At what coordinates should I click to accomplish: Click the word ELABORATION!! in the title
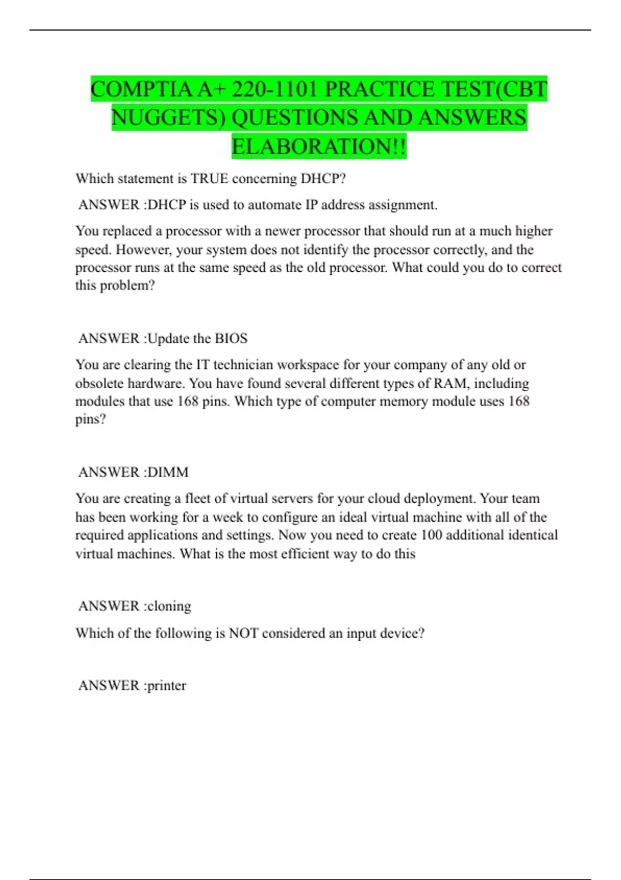pos(319,146)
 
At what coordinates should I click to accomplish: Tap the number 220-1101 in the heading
pos(274,90)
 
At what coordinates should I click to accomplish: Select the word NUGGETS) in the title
pos(169,118)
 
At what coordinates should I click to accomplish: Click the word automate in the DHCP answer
pos(275,205)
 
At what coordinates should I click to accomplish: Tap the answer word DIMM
pos(168,472)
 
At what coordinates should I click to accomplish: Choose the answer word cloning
pos(169,606)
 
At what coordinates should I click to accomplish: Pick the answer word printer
pos(167,685)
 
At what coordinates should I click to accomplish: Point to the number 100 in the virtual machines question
pos(431,535)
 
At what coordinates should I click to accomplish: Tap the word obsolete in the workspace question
pos(99,384)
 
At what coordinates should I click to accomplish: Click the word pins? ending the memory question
pos(91,419)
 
